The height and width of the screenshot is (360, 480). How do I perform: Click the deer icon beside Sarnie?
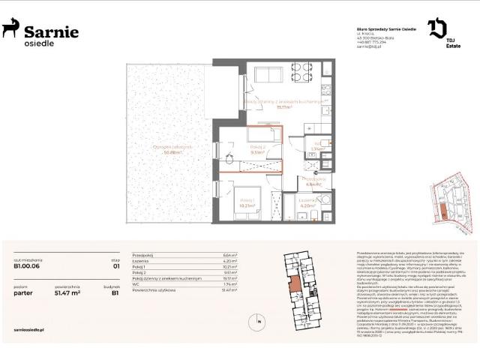(10, 29)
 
